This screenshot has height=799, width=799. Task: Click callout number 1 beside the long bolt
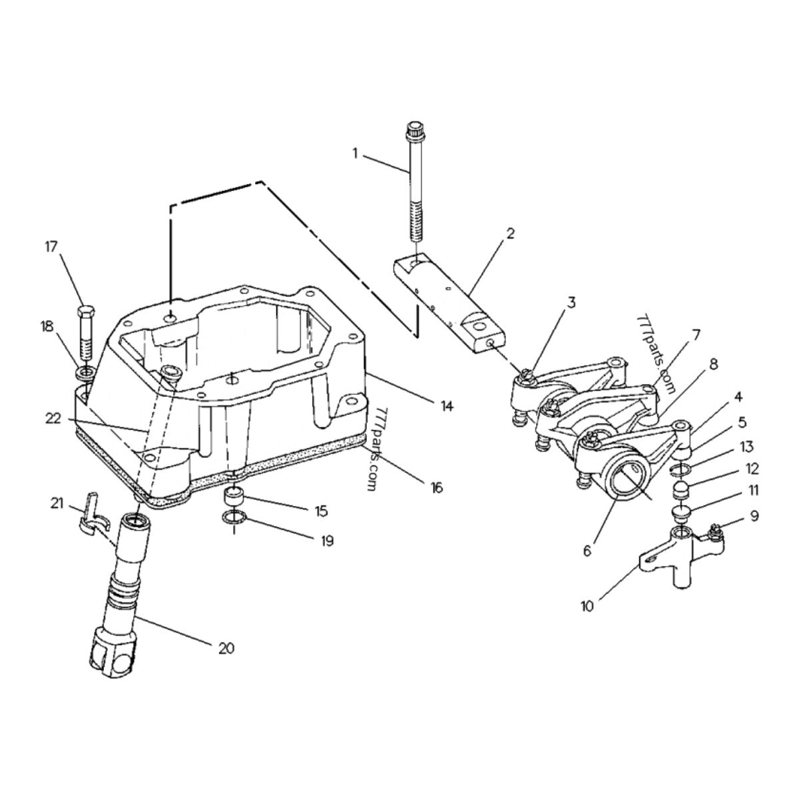(x=355, y=153)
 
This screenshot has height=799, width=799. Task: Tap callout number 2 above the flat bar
(x=510, y=233)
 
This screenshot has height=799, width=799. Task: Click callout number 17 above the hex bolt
(x=51, y=247)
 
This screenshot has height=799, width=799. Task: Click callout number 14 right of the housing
(x=446, y=406)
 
